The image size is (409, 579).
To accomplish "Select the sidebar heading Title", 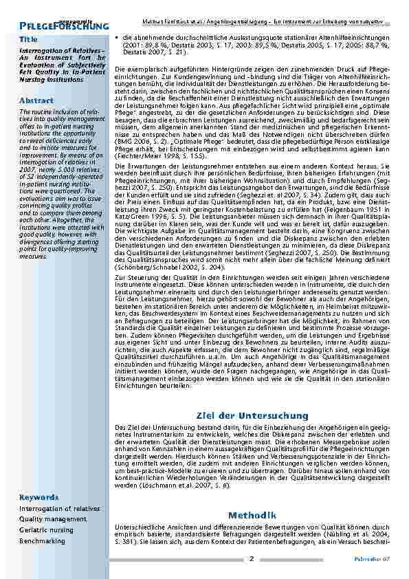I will [29, 40].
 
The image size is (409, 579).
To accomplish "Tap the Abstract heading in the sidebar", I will [36, 100].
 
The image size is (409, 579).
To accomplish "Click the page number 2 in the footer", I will [252, 558].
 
